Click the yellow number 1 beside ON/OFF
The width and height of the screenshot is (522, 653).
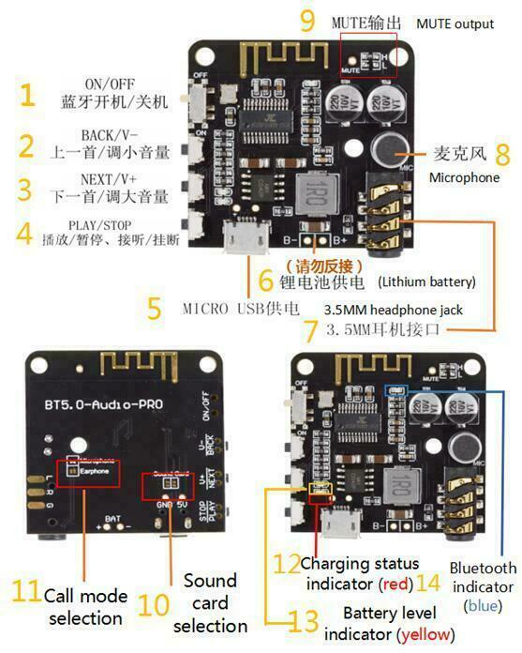click(27, 95)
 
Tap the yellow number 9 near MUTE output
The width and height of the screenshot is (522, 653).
click(307, 22)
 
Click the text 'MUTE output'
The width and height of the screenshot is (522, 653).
click(455, 23)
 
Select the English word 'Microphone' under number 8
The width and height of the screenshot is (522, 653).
click(464, 177)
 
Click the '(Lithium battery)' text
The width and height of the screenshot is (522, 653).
click(426, 281)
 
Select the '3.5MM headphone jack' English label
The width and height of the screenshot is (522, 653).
click(393, 310)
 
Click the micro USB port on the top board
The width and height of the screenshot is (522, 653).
click(246, 239)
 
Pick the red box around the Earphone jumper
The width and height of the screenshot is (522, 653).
click(86, 471)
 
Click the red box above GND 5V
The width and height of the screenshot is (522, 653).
click(168, 485)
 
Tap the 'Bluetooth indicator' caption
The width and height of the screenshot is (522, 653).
click(482, 577)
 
